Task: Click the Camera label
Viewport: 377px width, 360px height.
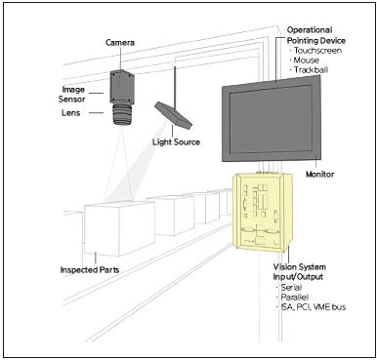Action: click(120, 43)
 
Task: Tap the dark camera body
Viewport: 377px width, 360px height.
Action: click(122, 87)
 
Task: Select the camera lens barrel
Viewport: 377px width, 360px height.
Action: click(123, 114)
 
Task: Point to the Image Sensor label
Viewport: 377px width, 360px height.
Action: click(72, 95)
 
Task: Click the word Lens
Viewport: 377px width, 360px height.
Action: click(70, 113)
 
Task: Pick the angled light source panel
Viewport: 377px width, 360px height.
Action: click(173, 115)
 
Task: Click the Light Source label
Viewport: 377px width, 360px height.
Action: click(176, 142)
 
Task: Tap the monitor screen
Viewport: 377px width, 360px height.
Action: click(272, 119)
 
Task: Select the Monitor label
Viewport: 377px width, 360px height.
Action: click(320, 175)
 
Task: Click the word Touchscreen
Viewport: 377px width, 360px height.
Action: click(317, 51)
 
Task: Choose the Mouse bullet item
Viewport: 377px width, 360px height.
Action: click(304, 60)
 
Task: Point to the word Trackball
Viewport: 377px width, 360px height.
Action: click(311, 70)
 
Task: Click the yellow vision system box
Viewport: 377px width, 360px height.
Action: click(263, 213)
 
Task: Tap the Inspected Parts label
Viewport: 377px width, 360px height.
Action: click(90, 270)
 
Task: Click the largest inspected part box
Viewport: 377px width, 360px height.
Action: click(119, 228)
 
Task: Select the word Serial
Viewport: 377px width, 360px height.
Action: click(291, 288)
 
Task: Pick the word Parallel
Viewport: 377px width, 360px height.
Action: click(295, 298)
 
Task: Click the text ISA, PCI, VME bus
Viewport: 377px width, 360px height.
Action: click(314, 307)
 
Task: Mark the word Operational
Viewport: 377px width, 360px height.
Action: click(310, 30)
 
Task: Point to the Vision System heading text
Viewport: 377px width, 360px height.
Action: click(300, 267)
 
